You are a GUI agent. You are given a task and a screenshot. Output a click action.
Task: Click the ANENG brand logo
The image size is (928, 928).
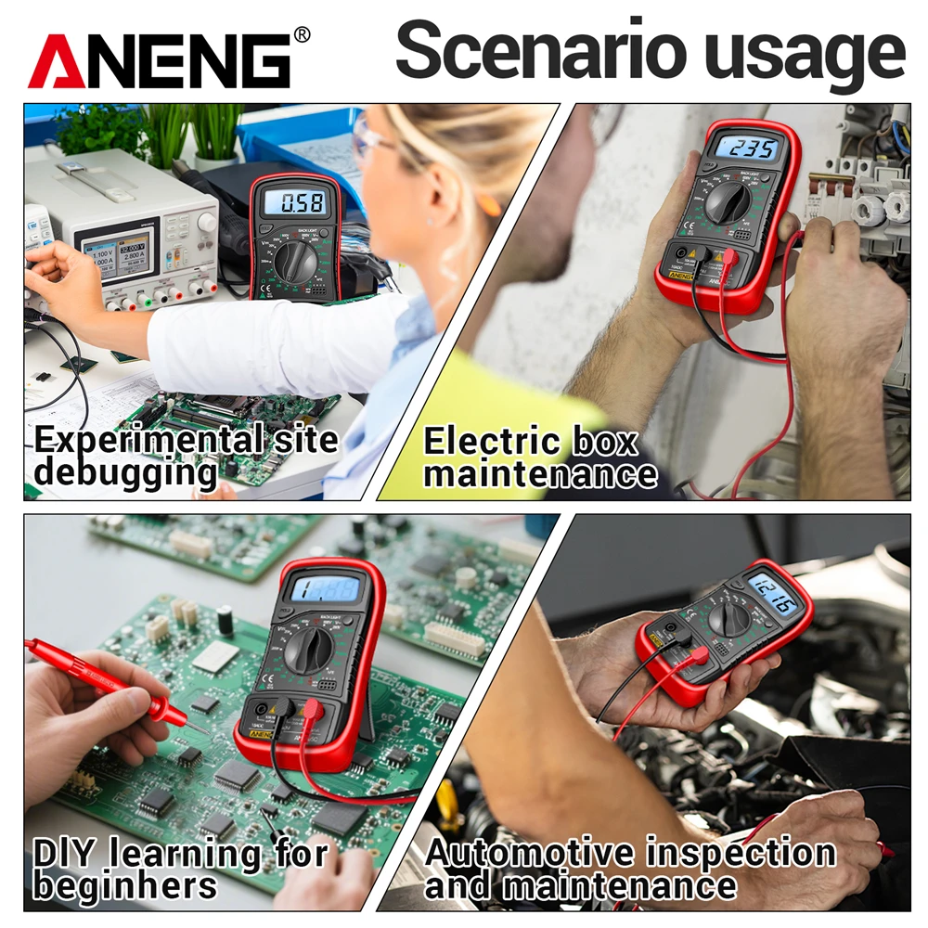click(x=160, y=61)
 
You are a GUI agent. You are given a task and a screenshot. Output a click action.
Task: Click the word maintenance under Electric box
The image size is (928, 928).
click(x=540, y=474)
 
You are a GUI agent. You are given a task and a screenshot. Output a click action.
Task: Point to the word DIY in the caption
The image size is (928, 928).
click(x=65, y=852)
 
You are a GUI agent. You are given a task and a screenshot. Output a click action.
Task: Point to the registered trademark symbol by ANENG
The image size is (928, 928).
click(x=302, y=35)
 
